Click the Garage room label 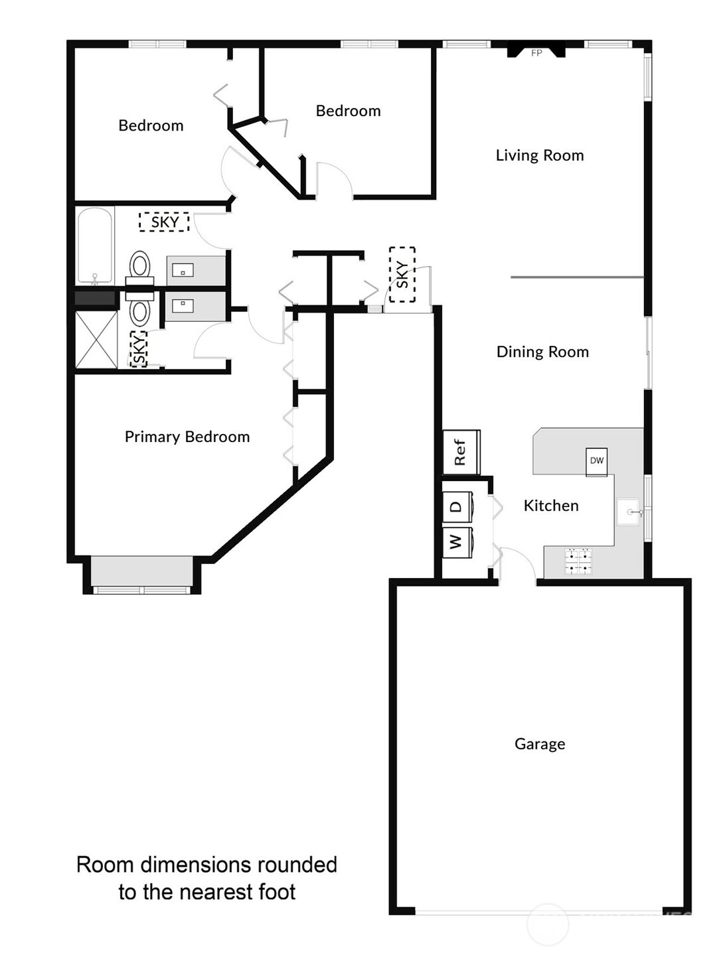(x=540, y=744)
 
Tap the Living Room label (x=540, y=155)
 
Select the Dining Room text (x=542, y=352)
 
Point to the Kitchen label (x=551, y=506)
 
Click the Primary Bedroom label (x=187, y=437)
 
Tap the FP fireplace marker (x=536, y=52)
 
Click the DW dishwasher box (x=596, y=461)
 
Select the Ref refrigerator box (x=461, y=452)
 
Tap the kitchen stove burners (x=578, y=560)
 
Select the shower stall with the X (x=96, y=339)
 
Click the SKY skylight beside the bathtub (x=164, y=222)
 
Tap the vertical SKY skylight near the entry (x=402, y=274)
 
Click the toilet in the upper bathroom (x=139, y=265)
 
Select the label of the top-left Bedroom (x=151, y=125)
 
